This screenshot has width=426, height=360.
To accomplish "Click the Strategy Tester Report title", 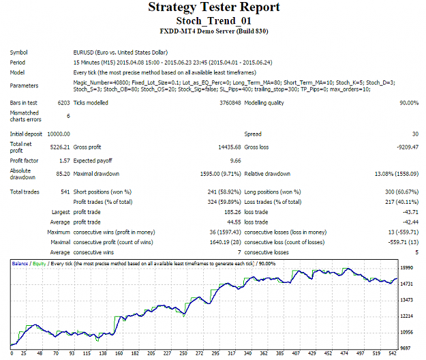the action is (214, 7).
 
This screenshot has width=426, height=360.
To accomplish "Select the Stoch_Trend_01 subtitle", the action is (213, 21).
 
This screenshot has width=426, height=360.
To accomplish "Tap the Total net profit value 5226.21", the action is (60, 147).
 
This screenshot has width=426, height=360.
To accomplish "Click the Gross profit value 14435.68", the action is (230, 147).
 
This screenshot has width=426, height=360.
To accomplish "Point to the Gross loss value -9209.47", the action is (408, 147).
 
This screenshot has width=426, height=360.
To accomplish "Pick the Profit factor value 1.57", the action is (65, 161).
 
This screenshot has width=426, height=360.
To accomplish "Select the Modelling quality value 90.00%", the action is (409, 103).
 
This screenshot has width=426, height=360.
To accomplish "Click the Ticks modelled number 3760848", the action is (230, 103).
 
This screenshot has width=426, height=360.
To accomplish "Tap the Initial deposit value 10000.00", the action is (59, 134).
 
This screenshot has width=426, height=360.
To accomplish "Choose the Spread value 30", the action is (415, 134).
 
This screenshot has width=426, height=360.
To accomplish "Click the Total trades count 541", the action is (65, 192).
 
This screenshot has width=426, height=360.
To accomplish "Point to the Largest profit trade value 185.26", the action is (232, 212).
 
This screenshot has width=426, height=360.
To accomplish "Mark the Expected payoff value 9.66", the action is (236, 161).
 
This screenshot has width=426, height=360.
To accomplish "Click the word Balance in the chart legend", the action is (20, 264).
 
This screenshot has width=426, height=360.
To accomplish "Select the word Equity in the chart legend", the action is (40, 264).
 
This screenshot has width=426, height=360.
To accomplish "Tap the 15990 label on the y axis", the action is (407, 268).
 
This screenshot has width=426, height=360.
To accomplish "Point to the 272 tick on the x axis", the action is (200, 353).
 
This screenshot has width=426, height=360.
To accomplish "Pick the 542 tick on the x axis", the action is (393, 353).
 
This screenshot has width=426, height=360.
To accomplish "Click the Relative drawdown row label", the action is (267, 174).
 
